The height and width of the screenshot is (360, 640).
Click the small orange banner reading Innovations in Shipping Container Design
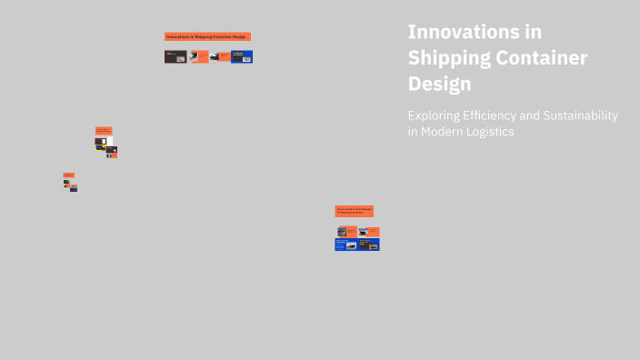[x=207, y=36]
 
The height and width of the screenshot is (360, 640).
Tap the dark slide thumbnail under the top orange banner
[x=175, y=56]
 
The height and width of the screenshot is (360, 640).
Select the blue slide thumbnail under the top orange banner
[x=242, y=56]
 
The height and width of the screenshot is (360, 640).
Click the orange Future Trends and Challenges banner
[x=355, y=210]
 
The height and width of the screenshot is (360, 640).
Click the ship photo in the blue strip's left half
[x=352, y=245]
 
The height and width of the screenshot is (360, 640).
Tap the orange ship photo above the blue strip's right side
[x=364, y=231]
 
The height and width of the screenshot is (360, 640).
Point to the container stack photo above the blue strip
[x=342, y=231]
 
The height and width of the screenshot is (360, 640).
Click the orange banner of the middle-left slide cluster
[x=104, y=131]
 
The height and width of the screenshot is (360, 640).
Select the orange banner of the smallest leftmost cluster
[x=68, y=175]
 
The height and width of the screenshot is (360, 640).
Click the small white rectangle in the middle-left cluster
[x=105, y=141]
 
